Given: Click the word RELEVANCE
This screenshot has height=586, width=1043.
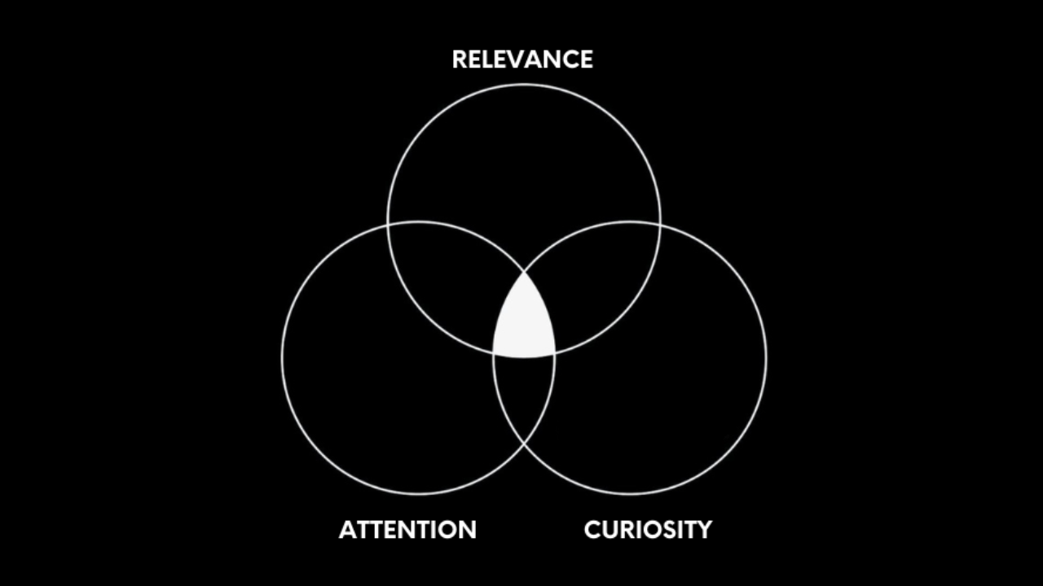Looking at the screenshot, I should coord(522,59).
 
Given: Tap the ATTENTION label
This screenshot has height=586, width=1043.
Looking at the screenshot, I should coord(407,530).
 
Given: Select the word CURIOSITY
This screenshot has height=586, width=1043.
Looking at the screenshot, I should coord(648,530).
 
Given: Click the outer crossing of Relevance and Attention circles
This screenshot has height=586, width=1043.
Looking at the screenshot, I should coord(388,222).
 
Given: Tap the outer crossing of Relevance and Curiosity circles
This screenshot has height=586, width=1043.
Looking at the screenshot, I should coord(660,222).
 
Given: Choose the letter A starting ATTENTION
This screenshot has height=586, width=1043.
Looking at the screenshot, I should coord(348,530).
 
